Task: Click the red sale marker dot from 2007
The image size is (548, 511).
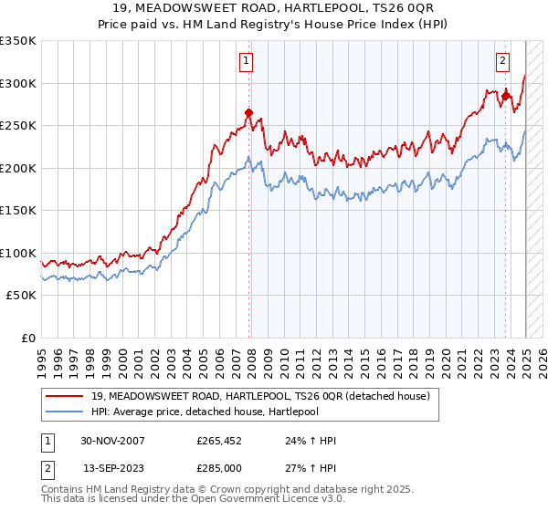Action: point(248,113)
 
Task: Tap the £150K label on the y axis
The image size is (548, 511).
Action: point(18,211)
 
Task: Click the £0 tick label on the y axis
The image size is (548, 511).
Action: point(27,338)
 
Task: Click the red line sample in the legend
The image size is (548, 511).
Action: point(65,396)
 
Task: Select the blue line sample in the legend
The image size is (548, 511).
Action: point(65,412)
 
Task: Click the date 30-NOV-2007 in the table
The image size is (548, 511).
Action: point(112,441)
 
